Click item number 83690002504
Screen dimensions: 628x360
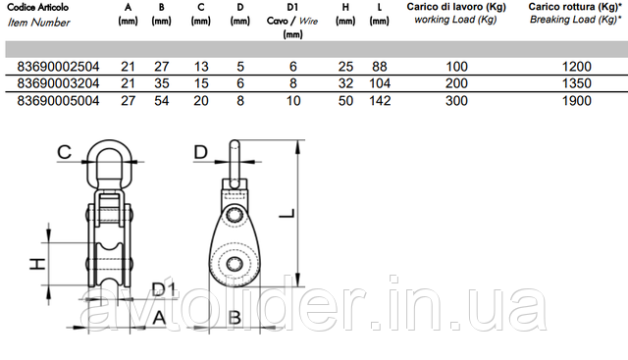pyautogui.click(x=58, y=67)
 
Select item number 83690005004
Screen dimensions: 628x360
pyautogui.click(x=58, y=100)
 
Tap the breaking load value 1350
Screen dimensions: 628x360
pyautogui.click(x=576, y=83)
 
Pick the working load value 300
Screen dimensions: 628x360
pyautogui.click(x=456, y=100)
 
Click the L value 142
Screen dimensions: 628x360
pyautogui.click(x=380, y=100)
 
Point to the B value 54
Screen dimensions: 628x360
pyautogui.click(x=161, y=100)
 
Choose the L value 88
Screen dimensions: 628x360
pyautogui.click(x=380, y=67)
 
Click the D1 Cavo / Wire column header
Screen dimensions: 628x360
pyautogui.click(x=292, y=21)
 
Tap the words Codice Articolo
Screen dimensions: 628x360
pyautogui.click(x=37, y=7)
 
